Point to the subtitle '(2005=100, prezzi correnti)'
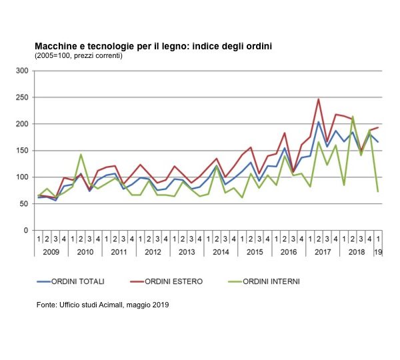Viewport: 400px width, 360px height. [79, 55]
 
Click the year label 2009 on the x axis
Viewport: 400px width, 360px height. [51, 251]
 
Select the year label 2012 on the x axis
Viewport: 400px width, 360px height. [153, 251]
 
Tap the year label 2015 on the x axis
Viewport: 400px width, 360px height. [255, 251]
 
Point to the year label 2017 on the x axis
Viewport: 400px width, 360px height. [323, 251]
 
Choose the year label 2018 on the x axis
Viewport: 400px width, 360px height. [357, 251]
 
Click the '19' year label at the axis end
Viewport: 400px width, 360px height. [378, 251]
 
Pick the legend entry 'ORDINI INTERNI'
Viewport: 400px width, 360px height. [272, 281]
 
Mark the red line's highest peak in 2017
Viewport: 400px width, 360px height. [319, 99]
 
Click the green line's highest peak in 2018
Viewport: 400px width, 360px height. [353, 117]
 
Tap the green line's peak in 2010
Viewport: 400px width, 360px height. [81, 155]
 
